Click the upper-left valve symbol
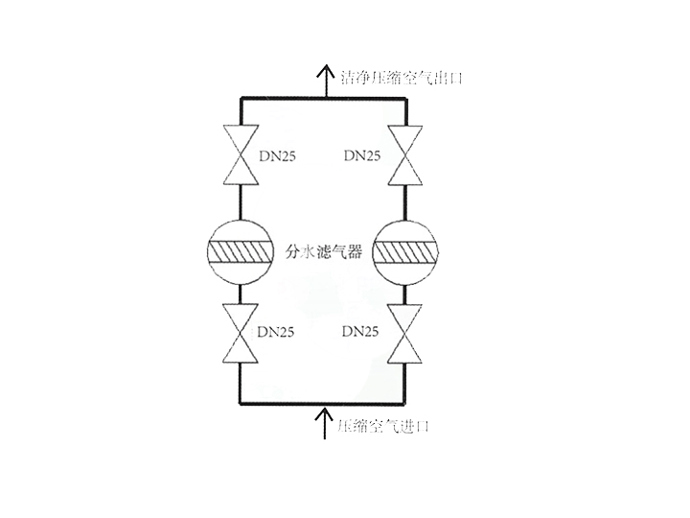pyautogui.click(x=240, y=154)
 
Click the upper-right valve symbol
pyautogui.click(x=406, y=154)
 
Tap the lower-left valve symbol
pyautogui.click(x=240, y=333)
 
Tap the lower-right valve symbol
pyautogui.click(x=406, y=333)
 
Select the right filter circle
pyautogui.click(x=406, y=251)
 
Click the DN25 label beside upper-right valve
pyautogui.click(x=361, y=154)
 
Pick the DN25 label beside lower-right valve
pyautogui.click(x=361, y=332)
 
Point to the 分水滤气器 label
pyautogui.click(x=323, y=252)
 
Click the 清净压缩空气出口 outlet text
pyautogui.click(x=402, y=77)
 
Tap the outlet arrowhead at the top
pyautogui.click(x=325, y=70)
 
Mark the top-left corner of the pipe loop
pyautogui.click(x=240, y=97)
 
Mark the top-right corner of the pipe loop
pyautogui.click(x=406, y=97)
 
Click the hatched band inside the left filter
pyautogui.click(x=240, y=251)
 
